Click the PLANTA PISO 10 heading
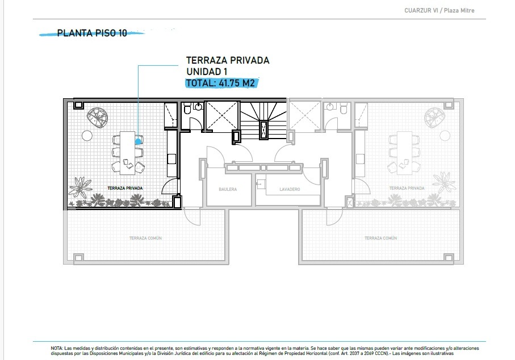tap(92, 33)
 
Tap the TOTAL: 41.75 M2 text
tap(220, 83)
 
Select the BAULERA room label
tap(228, 189)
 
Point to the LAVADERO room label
tap(290, 189)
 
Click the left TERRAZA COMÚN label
tap(145, 238)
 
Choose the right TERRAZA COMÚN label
tap(380, 238)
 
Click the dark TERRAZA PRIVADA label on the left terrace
tap(125, 188)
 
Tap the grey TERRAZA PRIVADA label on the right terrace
tap(407, 188)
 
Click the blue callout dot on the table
tap(139, 141)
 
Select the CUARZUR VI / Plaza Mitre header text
tap(439, 11)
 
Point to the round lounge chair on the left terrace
tap(98, 118)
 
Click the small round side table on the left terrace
tap(87, 135)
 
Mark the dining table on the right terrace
tap(405, 153)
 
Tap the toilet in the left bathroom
tap(187, 108)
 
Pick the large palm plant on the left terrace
tap(80, 187)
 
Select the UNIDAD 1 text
tap(207, 72)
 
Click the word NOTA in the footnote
tap(56, 348)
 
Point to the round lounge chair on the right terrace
tap(434, 118)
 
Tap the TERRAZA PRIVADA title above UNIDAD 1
tap(228, 60)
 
